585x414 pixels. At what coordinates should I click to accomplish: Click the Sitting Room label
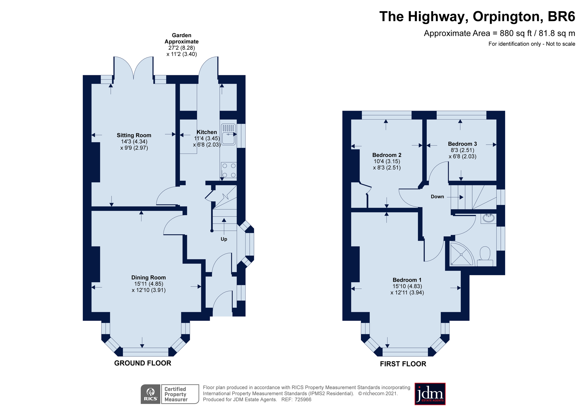point(134,135)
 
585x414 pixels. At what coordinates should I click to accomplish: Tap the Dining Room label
point(149,278)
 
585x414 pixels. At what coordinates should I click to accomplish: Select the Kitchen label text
point(207,132)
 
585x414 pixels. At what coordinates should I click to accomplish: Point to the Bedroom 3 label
point(462,144)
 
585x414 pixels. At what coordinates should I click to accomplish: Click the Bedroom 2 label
point(387,155)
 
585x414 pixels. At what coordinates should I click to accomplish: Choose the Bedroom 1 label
point(407,280)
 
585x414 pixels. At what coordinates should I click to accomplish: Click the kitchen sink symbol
point(228,134)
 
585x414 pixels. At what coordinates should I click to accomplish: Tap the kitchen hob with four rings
point(229,170)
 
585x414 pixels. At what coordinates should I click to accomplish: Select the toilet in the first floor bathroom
point(485,256)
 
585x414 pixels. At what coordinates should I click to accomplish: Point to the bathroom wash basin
point(488,218)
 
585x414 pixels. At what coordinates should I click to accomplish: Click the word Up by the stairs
point(224,239)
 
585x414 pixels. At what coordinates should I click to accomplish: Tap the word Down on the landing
point(437,197)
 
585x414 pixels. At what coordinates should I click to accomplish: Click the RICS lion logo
point(151,394)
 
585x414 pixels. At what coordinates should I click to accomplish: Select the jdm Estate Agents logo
point(430,394)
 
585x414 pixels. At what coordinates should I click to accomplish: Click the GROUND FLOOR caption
point(143,363)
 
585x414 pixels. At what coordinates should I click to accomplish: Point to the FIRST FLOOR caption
point(403,364)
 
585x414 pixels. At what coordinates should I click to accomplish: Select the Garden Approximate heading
point(182,38)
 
